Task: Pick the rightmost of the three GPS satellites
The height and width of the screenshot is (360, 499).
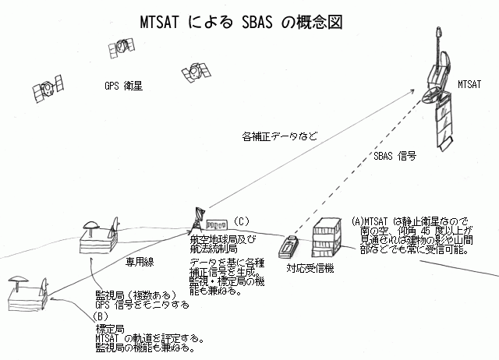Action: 189,70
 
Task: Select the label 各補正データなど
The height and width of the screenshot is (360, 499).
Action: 281,137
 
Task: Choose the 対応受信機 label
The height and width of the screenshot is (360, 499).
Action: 310,269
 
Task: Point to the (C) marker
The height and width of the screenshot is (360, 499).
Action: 242,221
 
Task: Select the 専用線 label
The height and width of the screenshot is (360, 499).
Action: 137,263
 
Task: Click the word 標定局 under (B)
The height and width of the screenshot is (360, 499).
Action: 104,328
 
